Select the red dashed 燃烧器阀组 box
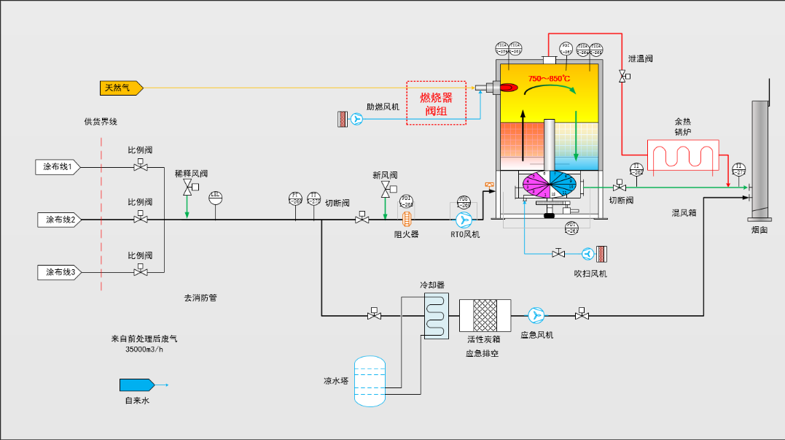pyautogui.click(x=436, y=103)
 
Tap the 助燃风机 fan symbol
pyautogui.click(x=356, y=119)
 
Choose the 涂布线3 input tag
pyautogui.click(x=60, y=272)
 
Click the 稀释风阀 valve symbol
pyautogui.click(x=188, y=189)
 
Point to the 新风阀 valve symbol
pyautogui.click(x=385, y=190)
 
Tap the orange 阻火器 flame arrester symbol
pyautogui.click(x=407, y=219)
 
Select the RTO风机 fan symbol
pyautogui.click(x=464, y=220)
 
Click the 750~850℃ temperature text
pyautogui.click(x=549, y=79)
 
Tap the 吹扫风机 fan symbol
pyautogui.click(x=587, y=254)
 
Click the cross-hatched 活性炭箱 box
pyautogui.click(x=485, y=315)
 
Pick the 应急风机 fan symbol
pyautogui.click(x=536, y=315)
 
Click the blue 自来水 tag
pyautogui.click(x=136, y=385)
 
